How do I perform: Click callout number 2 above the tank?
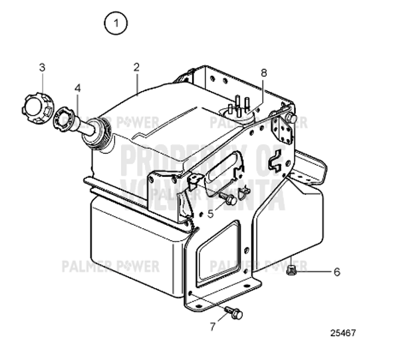[136, 67]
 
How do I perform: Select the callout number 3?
[42, 67]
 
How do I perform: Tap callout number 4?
[77, 87]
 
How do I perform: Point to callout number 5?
[210, 214]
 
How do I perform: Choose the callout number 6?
[336, 271]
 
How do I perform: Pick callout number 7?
[213, 325]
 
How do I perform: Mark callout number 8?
[263, 72]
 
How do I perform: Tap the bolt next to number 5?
[229, 199]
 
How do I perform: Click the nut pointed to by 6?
[293, 270]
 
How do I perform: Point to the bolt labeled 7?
[234, 312]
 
